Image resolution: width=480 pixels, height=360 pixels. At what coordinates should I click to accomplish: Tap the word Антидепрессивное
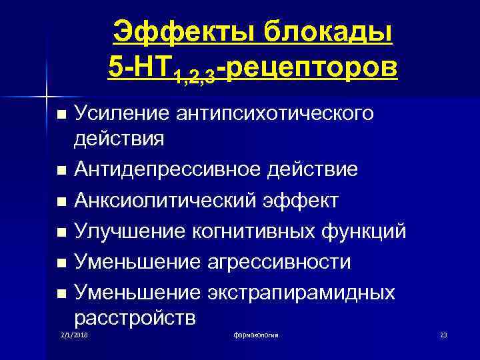click(x=169, y=171)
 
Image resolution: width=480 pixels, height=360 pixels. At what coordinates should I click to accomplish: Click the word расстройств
click(x=135, y=317)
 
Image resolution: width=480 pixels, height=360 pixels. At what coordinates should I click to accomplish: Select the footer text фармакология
click(x=256, y=334)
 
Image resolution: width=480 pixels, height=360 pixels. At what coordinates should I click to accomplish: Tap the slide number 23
click(x=443, y=334)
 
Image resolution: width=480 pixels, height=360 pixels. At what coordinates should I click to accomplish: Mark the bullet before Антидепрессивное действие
click(x=62, y=171)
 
